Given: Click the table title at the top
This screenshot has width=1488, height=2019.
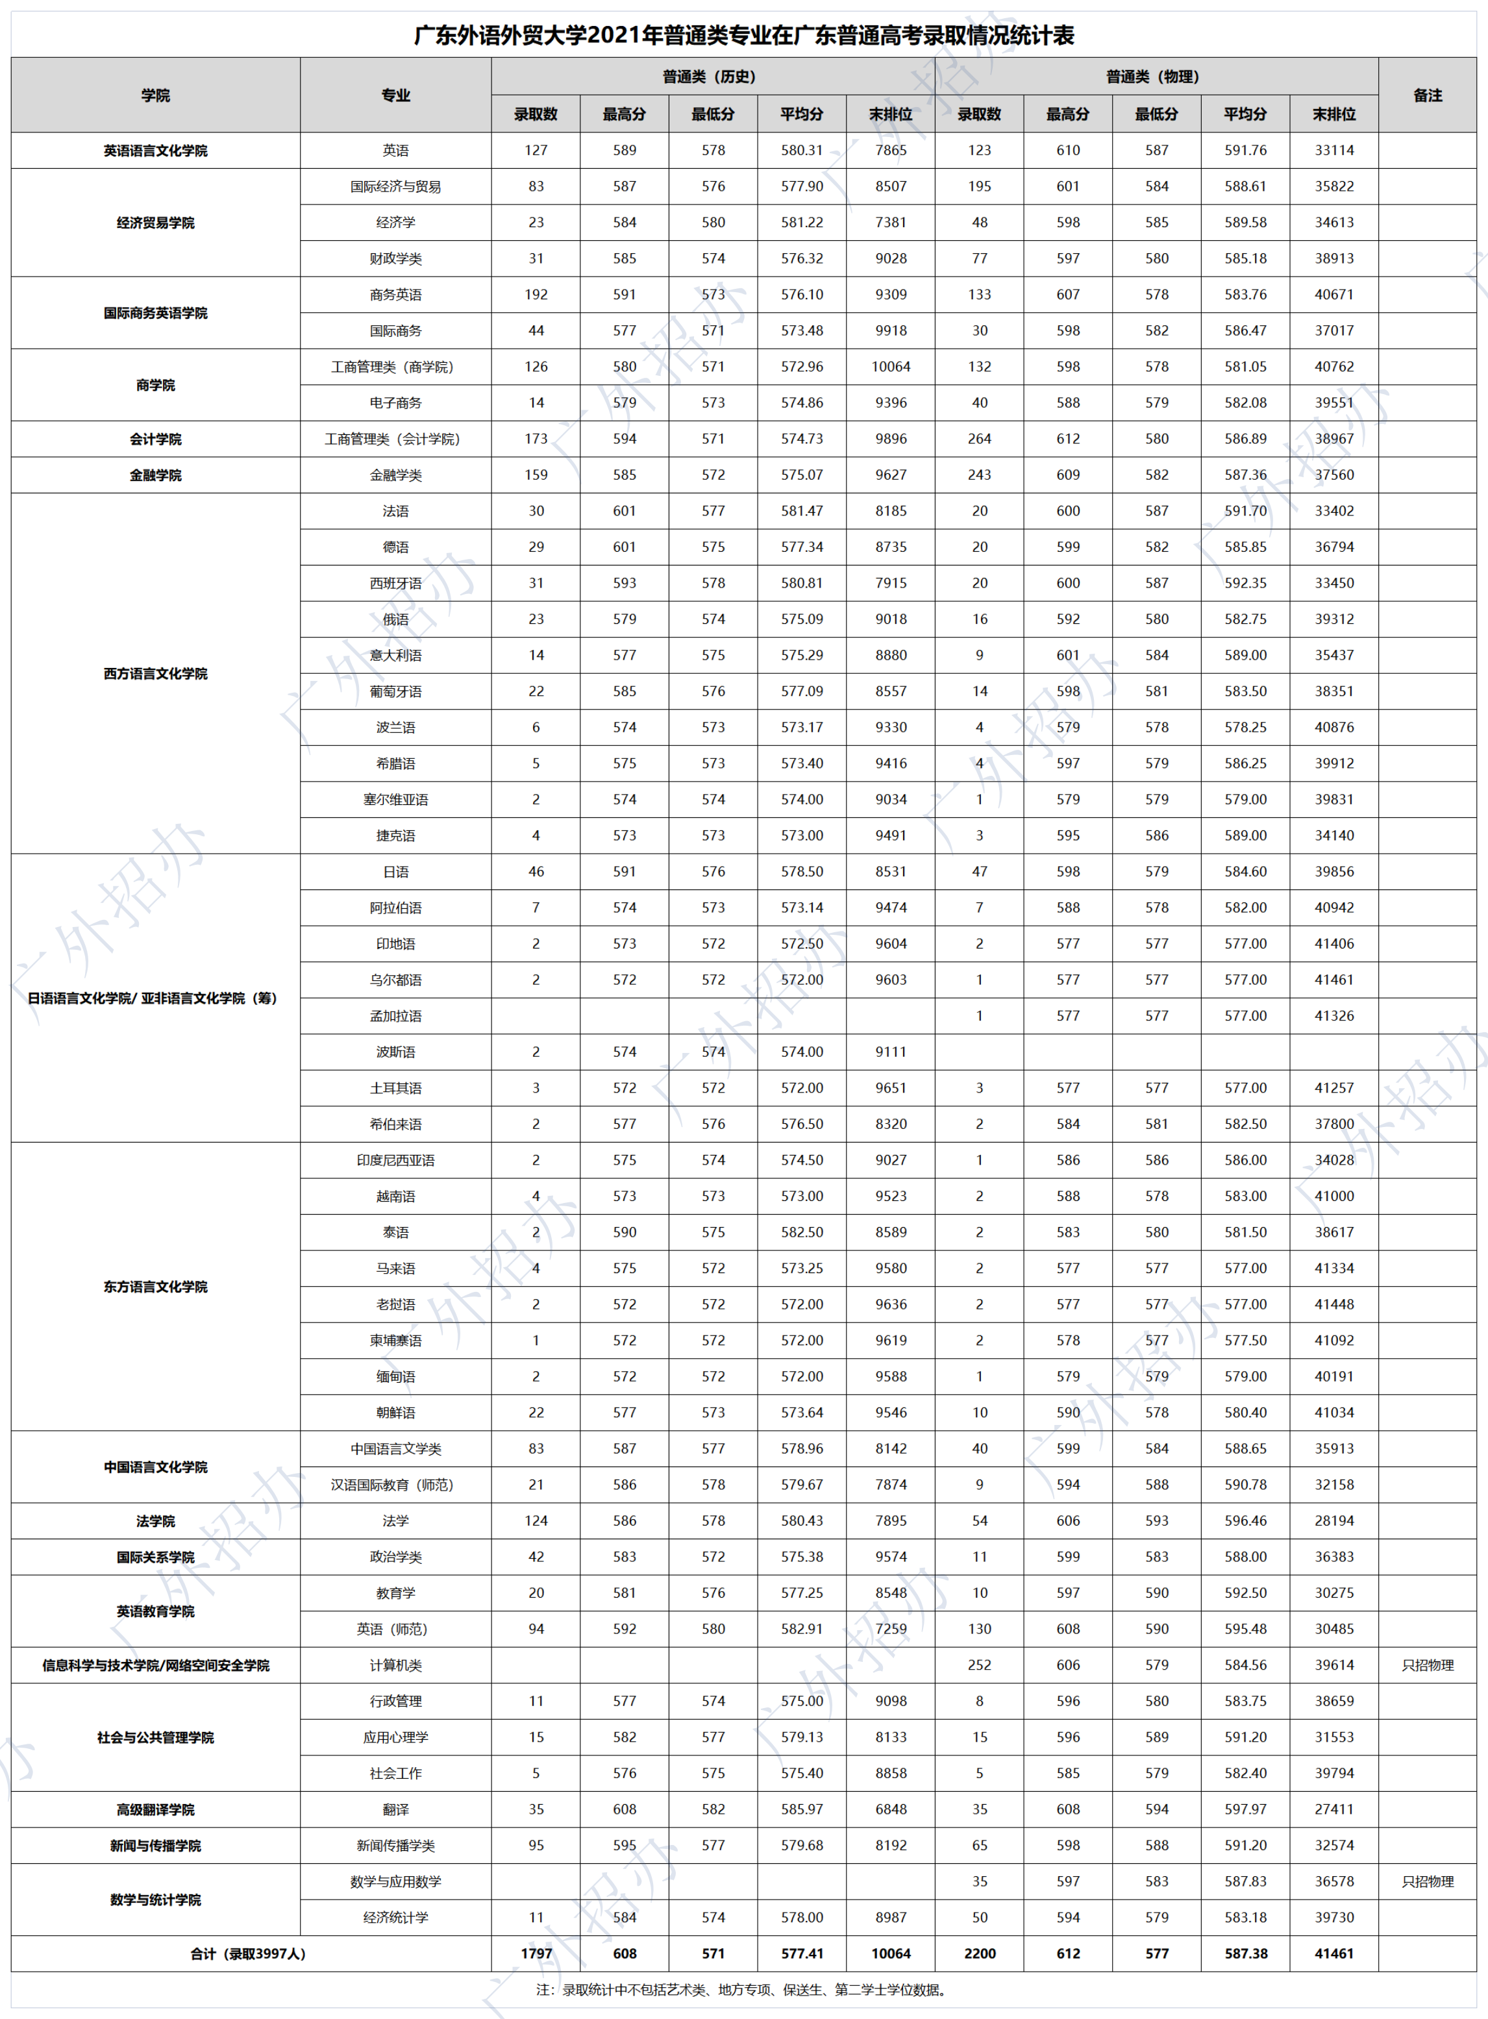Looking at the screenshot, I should point(743,35).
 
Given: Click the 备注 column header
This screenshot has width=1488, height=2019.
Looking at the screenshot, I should point(1428,95).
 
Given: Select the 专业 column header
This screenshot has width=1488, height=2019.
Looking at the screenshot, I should point(395,95).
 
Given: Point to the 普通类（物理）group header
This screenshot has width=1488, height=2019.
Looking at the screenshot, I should point(1156,77).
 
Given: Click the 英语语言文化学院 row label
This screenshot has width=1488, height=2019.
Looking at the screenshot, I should point(155,151).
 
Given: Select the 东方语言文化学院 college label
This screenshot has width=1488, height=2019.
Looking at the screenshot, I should point(155,1287).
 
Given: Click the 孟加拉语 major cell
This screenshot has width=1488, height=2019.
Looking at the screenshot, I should point(395,1016).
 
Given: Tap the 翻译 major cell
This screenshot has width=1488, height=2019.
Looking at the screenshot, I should point(395,1809).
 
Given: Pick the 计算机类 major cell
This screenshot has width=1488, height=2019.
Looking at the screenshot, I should point(395,1665).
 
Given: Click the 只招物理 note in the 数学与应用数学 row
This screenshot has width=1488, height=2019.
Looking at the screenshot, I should point(1428,1881).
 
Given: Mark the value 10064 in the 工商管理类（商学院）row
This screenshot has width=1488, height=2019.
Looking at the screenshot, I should point(891,367).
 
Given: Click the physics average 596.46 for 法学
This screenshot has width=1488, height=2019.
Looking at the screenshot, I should point(1245,1521).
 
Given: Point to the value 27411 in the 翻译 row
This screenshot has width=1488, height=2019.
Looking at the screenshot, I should point(1334,1809).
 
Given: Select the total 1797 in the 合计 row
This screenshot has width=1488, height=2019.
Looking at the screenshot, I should point(536,1953).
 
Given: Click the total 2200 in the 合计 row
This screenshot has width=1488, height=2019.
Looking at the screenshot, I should point(979,1953).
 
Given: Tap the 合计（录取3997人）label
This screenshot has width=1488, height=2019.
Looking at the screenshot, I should point(248,1953).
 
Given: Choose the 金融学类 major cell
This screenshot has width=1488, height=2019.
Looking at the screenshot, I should point(395,475).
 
